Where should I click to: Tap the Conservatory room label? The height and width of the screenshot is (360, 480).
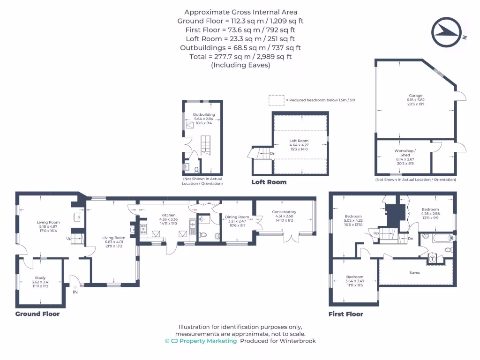(284, 212)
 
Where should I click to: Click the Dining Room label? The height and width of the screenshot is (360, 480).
(237, 217)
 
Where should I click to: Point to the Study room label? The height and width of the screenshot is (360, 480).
(40, 277)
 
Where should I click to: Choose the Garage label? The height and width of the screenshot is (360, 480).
(415, 95)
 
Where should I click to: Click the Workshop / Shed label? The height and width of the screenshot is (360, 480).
(405, 152)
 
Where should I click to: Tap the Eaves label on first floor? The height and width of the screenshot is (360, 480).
(414, 272)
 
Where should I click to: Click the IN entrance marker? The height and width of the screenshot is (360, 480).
(75, 292)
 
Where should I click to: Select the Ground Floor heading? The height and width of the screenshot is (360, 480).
(37, 314)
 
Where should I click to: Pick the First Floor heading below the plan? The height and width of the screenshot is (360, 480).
(346, 314)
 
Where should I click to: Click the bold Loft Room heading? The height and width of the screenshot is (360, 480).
(269, 182)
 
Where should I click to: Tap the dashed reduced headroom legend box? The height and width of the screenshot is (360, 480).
(276, 100)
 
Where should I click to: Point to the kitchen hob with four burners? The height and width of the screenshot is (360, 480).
(143, 229)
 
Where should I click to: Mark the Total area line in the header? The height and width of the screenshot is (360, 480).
(240, 57)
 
